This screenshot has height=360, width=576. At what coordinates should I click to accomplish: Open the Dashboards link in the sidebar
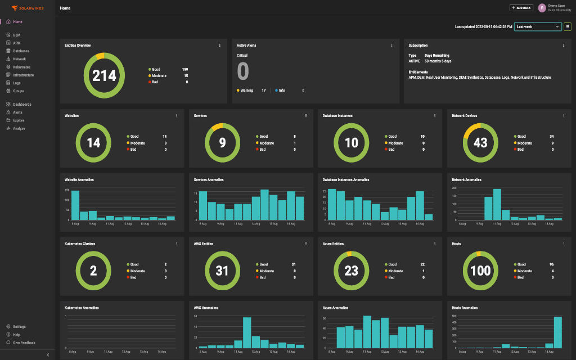(22, 104)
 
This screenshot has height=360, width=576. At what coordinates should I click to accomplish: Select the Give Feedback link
(24, 343)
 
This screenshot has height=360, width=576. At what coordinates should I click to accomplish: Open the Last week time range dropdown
(538, 26)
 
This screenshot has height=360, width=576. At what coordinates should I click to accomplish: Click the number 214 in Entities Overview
(104, 75)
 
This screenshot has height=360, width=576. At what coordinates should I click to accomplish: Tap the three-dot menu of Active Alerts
(391, 46)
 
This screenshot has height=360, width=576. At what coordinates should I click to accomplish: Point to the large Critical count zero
(242, 71)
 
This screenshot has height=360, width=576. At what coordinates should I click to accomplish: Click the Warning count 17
(263, 90)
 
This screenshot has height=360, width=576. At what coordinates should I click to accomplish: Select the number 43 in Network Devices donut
(480, 143)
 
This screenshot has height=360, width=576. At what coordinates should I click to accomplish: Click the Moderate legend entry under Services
(266, 143)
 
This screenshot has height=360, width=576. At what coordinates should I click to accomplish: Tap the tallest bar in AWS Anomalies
(247, 333)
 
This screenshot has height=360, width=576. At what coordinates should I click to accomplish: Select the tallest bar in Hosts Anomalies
(557, 332)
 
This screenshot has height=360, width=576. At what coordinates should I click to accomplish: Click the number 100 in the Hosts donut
(480, 271)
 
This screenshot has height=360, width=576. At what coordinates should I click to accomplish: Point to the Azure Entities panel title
(333, 244)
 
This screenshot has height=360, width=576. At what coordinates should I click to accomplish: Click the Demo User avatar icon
(542, 8)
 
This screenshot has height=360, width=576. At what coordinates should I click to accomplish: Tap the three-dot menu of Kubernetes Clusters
(177, 244)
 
